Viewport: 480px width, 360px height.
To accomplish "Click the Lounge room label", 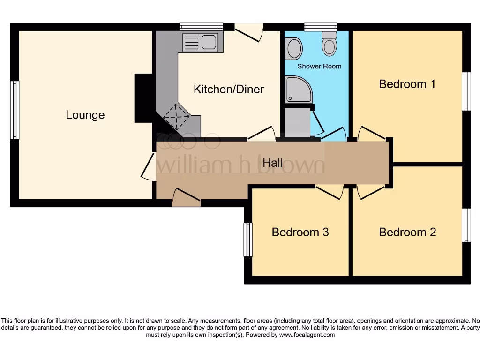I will pos(85,115).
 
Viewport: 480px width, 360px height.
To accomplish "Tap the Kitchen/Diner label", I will pos(229,89).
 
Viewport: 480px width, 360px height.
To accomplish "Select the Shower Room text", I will pos(319,66).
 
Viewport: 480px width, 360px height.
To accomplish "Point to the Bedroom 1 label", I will pos(407,84).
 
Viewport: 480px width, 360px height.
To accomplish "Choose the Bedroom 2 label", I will pos(407,232).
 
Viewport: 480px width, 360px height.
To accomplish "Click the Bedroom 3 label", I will pos(300,232).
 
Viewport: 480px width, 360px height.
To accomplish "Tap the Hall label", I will pos(272,163).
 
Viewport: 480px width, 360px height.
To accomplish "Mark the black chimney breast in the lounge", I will pos(143,98).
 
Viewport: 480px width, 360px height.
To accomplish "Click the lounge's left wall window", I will pos(15,110).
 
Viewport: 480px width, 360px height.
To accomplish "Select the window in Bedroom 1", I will pos(466,91).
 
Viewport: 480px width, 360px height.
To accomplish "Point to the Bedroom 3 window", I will pos(248,240).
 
